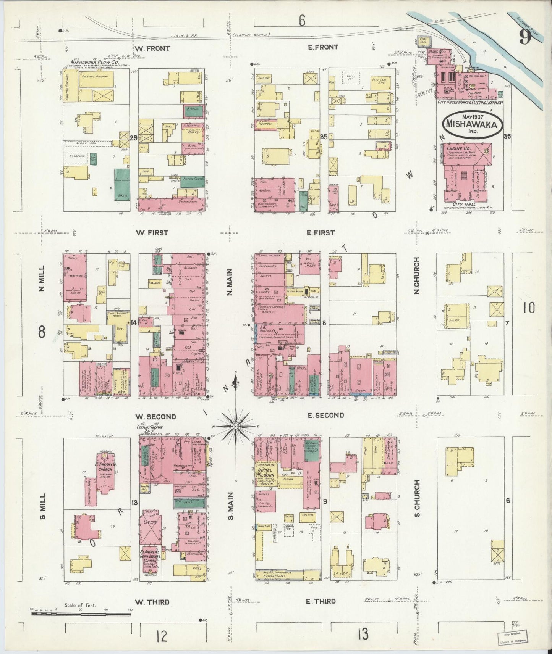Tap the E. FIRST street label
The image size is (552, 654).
coord(321,232)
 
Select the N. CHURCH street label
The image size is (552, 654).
coord(417,275)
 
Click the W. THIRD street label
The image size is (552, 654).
coord(152,602)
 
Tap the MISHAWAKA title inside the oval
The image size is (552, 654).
coord(473,125)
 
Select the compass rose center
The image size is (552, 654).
coord(236,426)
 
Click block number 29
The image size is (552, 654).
coord(133,138)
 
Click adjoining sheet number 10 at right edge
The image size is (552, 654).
coord(529,308)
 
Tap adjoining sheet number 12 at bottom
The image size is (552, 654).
coord(162,636)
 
